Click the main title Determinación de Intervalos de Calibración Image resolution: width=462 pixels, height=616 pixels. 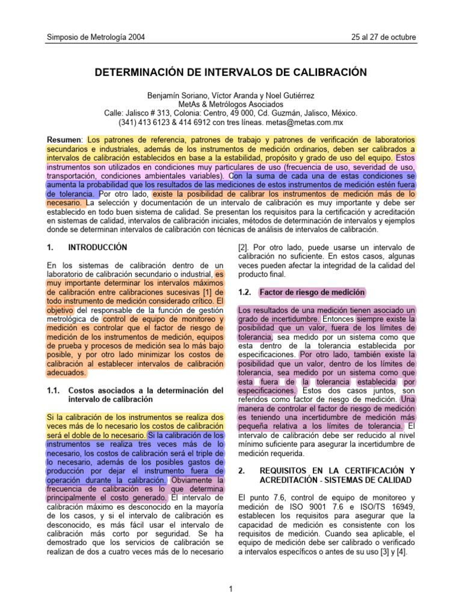coord(231,72)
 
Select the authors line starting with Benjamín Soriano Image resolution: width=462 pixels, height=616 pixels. coord(231,96)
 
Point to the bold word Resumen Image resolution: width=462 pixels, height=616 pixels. coord(65,140)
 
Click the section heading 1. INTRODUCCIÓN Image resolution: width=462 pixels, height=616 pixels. coord(87,247)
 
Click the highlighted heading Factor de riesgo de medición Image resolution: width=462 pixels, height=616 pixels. coord(312,292)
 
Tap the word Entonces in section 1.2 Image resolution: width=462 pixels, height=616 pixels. coord(338,319)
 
